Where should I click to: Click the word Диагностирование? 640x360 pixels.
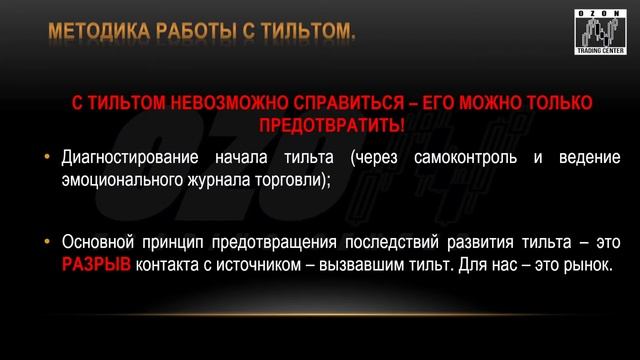coord(127,159)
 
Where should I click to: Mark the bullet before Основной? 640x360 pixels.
coord(46,243)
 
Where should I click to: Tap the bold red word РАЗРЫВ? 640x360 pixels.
coord(97,265)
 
